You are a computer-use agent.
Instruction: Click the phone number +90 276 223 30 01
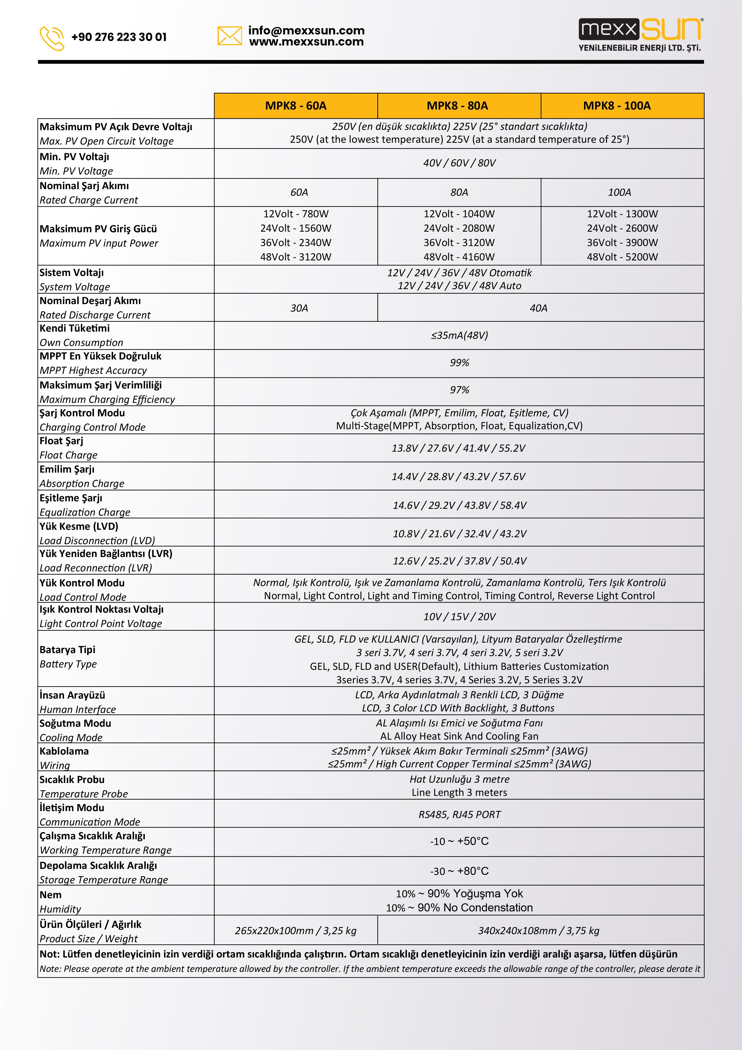[x=119, y=37]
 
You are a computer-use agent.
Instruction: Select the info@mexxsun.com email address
[x=306, y=31]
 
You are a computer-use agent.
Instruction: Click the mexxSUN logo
[x=640, y=35]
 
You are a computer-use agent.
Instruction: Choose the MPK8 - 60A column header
[x=296, y=106]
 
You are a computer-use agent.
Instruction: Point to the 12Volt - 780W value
[x=296, y=214]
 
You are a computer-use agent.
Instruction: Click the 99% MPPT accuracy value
[x=459, y=363]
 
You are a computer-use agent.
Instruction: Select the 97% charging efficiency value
[x=459, y=390]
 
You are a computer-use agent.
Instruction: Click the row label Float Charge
[x=68, y=455]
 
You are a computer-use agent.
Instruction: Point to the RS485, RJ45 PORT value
[x=459, y=814]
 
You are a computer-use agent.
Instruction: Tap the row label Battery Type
[x=68, y=664]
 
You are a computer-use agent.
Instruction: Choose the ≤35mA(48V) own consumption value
[x=459, y=335]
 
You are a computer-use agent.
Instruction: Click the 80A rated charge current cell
[x=459, y=192]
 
